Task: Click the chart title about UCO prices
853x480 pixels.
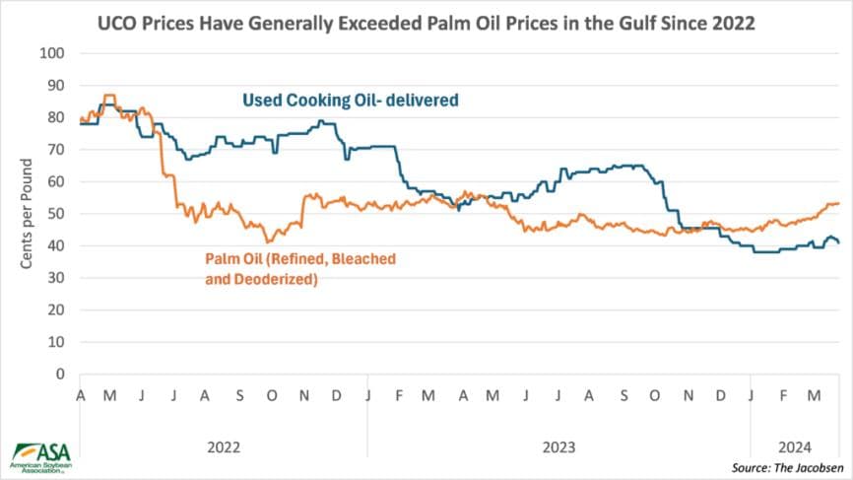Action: point(426,23)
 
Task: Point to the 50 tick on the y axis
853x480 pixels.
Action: point(59,214)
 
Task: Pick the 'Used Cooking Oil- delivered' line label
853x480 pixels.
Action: point(353,100)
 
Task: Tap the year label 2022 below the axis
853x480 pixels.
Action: point(224,446)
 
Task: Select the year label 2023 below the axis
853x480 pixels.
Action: point(558,446)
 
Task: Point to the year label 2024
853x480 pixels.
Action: point(795,446)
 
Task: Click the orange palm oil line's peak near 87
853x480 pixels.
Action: point(108,96)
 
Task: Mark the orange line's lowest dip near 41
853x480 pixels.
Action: point(267,241)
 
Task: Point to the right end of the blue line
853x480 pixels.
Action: point(838,242)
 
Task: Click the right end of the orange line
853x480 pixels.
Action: point(838,203)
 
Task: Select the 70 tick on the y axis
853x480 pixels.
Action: point(59,149)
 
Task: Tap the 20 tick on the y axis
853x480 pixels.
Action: point(59,309)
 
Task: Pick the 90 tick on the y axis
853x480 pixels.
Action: point(59,85)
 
